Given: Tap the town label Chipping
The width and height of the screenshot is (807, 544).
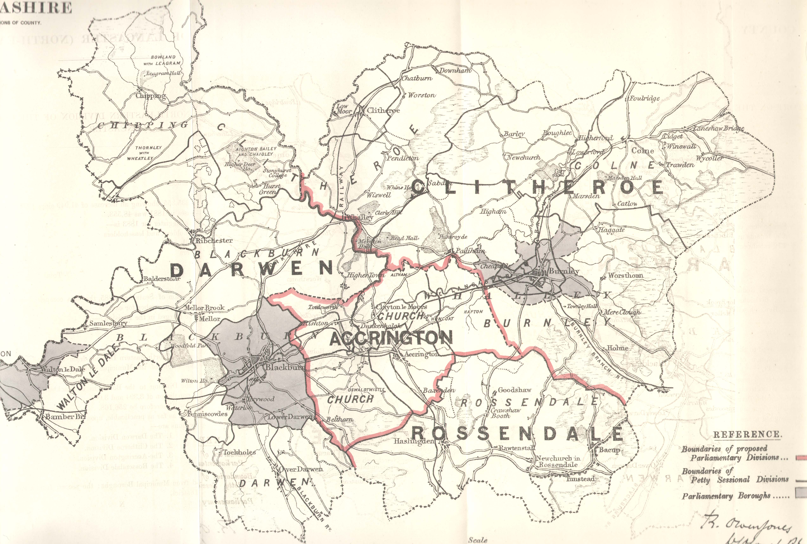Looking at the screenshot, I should click(151, 96).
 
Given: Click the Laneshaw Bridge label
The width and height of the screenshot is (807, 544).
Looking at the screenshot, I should click(718, 128).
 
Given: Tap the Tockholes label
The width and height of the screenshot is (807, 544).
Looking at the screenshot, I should click(239, 452).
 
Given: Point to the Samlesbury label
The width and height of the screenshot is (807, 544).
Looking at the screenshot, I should click(108, 323).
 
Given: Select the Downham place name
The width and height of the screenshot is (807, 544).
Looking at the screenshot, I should click(455, 70).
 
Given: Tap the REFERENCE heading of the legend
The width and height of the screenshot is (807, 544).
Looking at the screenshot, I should click(747, 434).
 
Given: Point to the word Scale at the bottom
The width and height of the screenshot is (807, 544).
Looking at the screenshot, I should click(478, 540).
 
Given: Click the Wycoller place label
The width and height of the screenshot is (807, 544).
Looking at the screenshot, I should click(709, 158).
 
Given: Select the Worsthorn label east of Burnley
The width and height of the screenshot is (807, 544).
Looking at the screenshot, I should click(625, 275).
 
